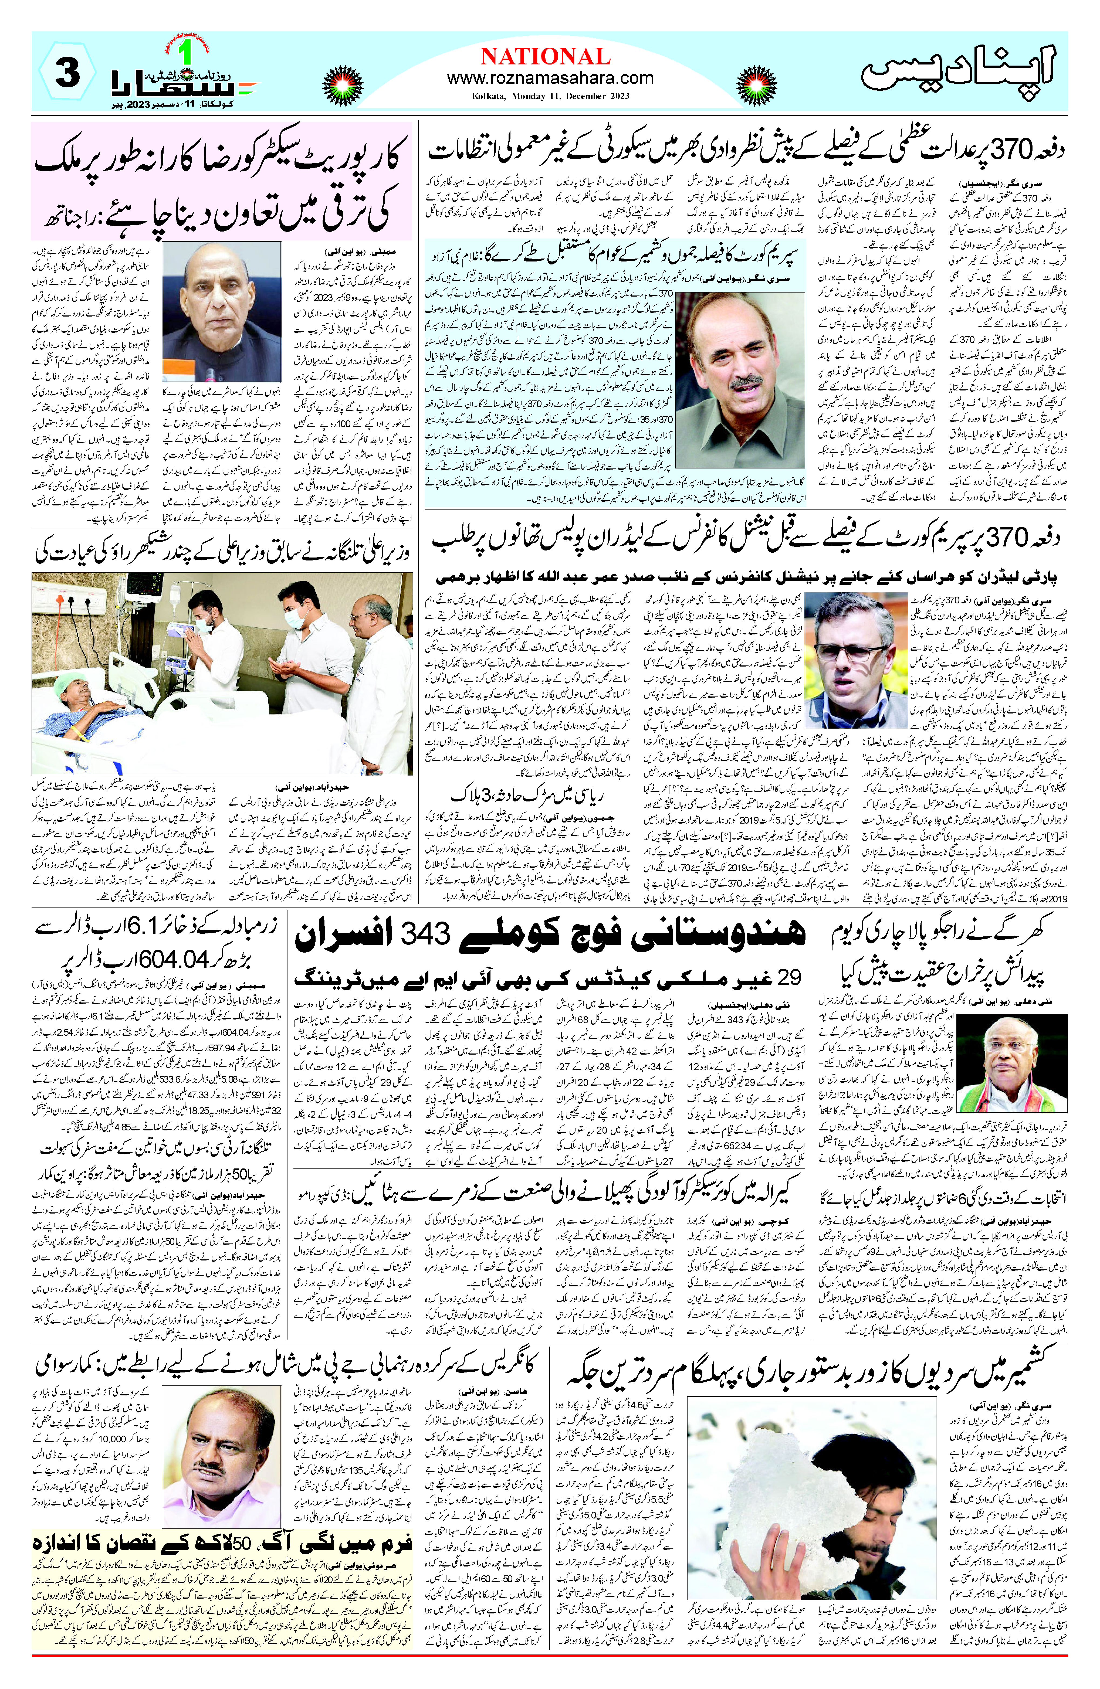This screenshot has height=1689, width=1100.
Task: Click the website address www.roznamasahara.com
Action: [x=550, y=78]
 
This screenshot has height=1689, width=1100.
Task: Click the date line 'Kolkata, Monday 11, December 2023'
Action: [x=550, y=96]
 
